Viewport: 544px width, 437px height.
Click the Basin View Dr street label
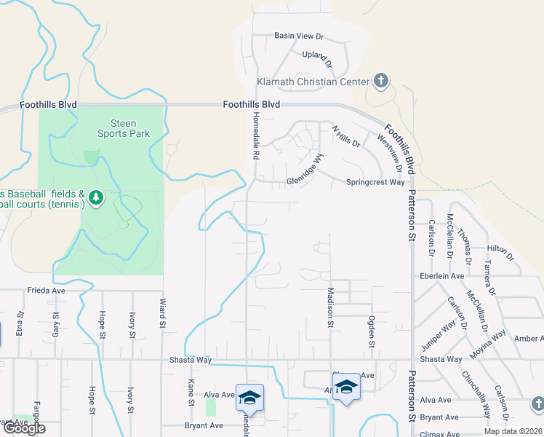pyautogui.click(x=298, y=36)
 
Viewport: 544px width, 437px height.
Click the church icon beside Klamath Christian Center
pyautogui.click(x=380, y=80)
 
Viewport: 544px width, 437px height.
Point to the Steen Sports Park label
pyautogui.click(x=124, y=128)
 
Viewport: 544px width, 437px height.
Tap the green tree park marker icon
pyautogui.click(x=96, y=197)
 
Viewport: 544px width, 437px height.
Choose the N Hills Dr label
pyautogui.click(x=346, y=136)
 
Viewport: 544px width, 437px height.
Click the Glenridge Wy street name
pyautogui.click(x=303, y=171)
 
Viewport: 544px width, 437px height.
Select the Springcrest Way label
pyautogui.click(x=375, y=182)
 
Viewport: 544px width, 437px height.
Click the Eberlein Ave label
pyautogui.click(x=441, y=276)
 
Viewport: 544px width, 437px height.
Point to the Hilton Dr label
pyautogui.click(x=500, y=253)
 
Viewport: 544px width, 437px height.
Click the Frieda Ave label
pyautogui.click(x=47, y=290)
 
